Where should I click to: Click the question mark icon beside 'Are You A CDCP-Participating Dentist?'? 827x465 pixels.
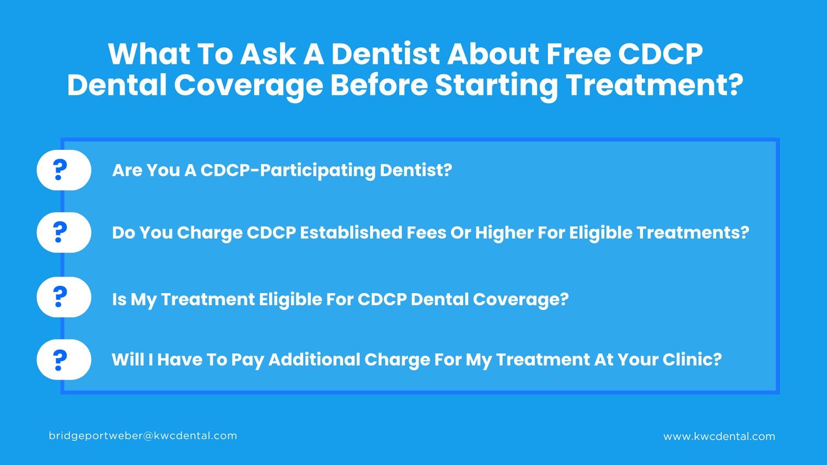click(60, 170)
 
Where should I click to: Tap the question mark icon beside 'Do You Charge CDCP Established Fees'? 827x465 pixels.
click(60, 233)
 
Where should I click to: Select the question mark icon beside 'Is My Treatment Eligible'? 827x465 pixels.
click(60, 297)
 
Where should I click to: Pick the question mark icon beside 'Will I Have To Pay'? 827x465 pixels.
click(60, 360)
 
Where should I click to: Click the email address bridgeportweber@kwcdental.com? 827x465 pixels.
click(143, 436)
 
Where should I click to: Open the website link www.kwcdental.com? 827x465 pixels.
click(719, 436)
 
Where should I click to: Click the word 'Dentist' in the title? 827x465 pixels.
click(385, 54)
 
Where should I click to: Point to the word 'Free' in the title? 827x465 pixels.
click(578, 54)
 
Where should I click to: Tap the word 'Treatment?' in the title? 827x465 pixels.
click(654, 85)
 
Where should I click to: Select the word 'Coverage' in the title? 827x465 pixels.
click(249, 85)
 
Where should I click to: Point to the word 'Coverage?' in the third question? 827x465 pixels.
click(520, 299)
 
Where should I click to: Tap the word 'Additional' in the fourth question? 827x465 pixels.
click(314, 360)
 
